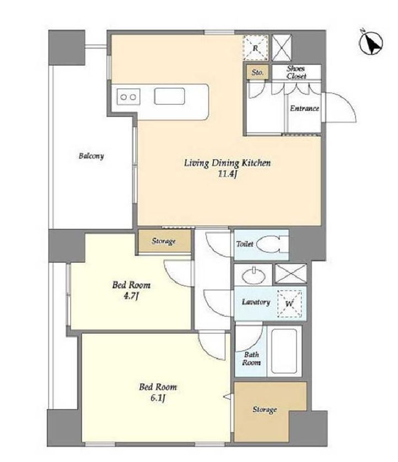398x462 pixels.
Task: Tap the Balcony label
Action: click(x=91, y=156)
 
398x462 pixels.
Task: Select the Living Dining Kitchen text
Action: click(x=227, y=163)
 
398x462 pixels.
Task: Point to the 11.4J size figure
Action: click(x=227, y=174)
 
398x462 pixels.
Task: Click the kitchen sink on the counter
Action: click(x=169, y=96)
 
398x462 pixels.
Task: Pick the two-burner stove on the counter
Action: click(x=128, y=97)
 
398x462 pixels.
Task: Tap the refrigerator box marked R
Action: click(x=256, y=48)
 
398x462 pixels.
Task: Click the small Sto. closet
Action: click(x=257, y=72)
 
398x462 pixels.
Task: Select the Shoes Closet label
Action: click(x=297, y=72)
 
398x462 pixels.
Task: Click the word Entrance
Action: click(x=304, y=108)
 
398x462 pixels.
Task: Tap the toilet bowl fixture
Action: click(x=271, y=244)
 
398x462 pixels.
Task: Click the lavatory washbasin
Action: click(x=254, y=275)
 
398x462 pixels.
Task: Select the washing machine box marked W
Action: click(x=289, y=304)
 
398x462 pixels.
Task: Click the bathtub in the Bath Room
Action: click(x=284, y=351)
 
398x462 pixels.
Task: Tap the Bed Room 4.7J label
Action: click(x=131, y=290)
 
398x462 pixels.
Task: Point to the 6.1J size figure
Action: click(x=158, y=399)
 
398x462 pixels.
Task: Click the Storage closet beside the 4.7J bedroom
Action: click(x=164, y=241)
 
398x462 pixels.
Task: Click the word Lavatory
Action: click(x=256, y=302)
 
